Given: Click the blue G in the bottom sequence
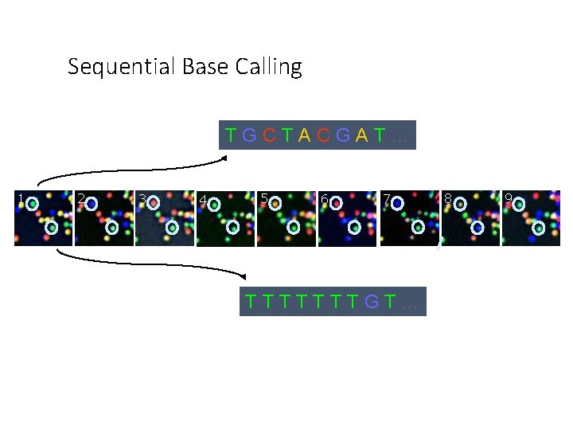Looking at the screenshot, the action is click(x=371, y=302).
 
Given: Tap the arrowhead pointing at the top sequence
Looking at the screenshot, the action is click(x=224, y=157).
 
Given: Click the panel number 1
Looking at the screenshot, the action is click(x=21, y=197).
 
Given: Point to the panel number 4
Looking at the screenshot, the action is click(x=203, y=200).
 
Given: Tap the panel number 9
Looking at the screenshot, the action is click(x=507, y=197).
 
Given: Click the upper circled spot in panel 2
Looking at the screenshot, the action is click(x=92, y=204).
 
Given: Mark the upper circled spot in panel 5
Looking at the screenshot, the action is click(x=275, y=203).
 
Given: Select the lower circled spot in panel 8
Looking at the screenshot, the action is click(x=477, y=228).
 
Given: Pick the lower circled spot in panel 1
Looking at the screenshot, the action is click(x=51, y=228).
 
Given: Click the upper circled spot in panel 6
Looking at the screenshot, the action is click(x=337, y=203).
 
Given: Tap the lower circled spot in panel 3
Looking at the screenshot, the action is click(x=172, y=228).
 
